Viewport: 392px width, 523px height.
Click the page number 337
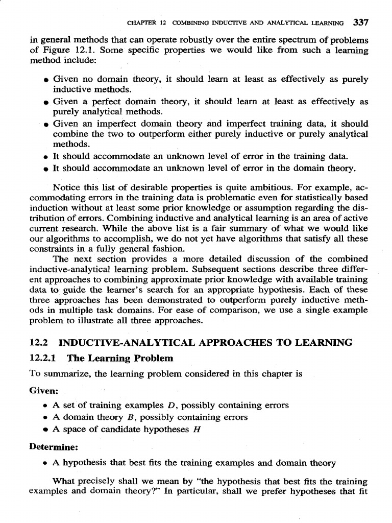click(360, 23)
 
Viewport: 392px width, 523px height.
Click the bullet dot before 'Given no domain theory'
click(46, 81)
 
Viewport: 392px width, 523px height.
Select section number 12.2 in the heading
click(38, 343)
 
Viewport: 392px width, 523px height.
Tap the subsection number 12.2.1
click(42, 358)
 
